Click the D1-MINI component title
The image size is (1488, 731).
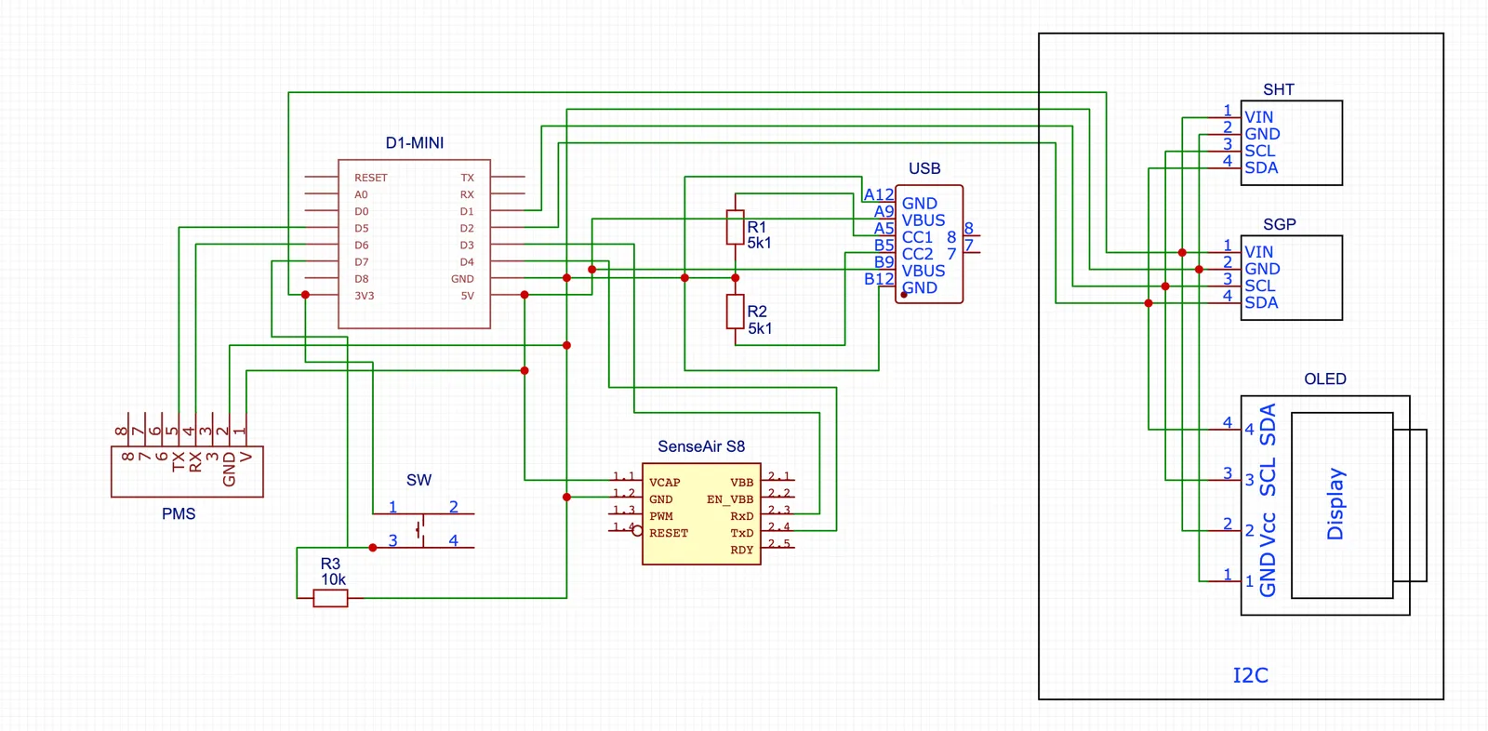click(x=415, y=143)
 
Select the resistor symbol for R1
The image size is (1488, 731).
click(x=735, y=227)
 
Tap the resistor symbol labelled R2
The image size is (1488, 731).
click(x=735, y=312)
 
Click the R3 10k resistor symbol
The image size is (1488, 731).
click(x=330, y=598)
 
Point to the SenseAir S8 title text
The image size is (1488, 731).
click(x=700, y=446)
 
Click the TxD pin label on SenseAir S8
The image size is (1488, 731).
click(x=741, y=533)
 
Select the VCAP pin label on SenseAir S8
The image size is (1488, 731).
click(x=664, y=483)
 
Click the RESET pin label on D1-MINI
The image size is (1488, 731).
click(x=370, y=178)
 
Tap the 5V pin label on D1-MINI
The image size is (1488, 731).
click(x=467, y=296)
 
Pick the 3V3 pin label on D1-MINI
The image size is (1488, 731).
click(x=364, y=296)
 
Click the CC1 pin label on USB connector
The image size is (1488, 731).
click(x=917, y=237)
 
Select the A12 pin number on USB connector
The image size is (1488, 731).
click(x=878, y=194)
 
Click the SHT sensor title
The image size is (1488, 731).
click(x=1278, y=89)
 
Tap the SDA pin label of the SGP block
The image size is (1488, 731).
click(x=1260, y=302)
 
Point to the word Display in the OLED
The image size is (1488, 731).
click(x=1335, y=503)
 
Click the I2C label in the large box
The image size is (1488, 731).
click(x=1250, y=675)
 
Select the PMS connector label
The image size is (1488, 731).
click(x=179, y=513)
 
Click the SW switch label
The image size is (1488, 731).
click(x=418, y=480)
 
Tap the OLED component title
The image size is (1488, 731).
click(x=1324, y=379)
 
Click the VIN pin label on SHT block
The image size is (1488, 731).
click(x=1258, y=117)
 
